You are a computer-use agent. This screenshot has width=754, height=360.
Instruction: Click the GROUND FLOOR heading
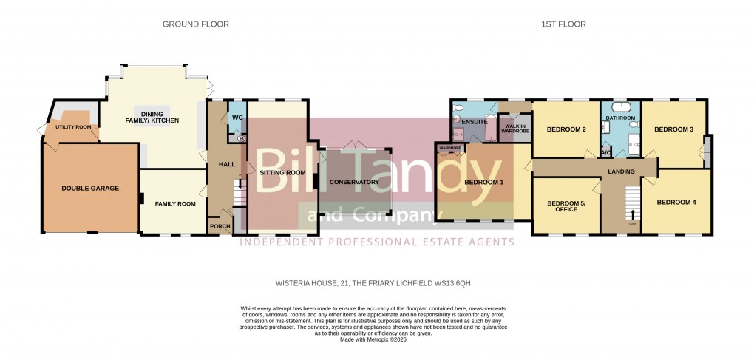(x=195, y=24)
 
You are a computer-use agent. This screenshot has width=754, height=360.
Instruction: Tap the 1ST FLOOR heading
(x=563, y=24)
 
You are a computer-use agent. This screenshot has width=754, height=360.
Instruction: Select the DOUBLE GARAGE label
(x=90, y=189)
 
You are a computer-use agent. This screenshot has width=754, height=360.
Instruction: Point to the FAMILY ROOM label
(x=174, y=203)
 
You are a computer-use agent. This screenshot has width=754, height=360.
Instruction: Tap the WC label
(x=237, y=118)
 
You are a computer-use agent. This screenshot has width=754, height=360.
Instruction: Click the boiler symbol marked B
(x=240, y=138)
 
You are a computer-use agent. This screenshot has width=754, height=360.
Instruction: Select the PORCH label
(x=220, y=226)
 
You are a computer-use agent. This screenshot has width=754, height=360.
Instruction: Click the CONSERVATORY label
(x=354, y=182)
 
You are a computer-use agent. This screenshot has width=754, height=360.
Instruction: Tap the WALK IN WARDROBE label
(x=514, y=129)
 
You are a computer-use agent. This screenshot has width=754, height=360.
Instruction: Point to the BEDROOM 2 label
(x=566, y=130)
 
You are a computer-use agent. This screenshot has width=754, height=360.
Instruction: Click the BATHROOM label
(x=620, y=118)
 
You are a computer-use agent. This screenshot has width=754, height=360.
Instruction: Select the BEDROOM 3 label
(x=673, y=130)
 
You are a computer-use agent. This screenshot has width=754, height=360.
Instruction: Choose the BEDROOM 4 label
(x=676, y=202)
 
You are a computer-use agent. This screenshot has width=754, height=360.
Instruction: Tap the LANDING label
(x=622, y=171)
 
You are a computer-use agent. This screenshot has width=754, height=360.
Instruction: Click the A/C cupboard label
(x=606, y=153)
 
